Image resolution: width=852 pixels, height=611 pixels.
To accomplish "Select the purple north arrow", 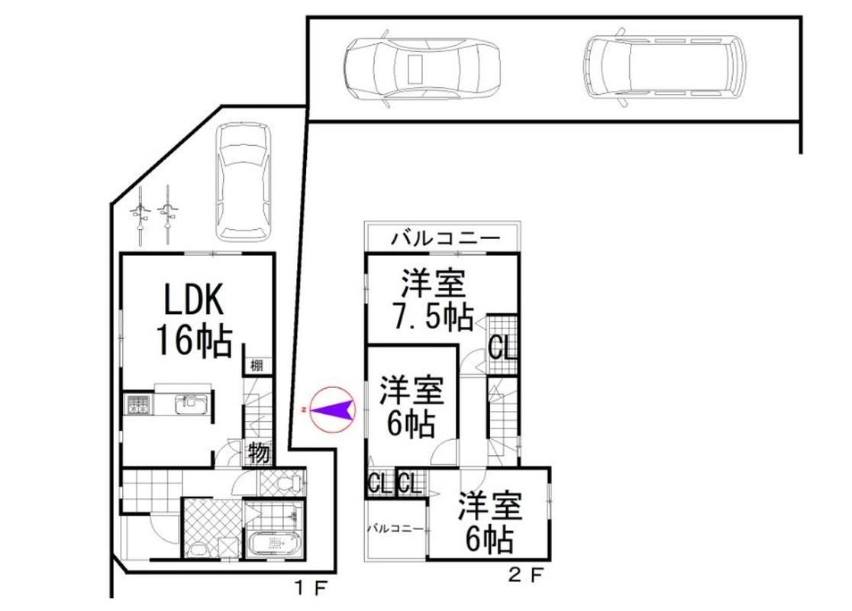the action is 333,409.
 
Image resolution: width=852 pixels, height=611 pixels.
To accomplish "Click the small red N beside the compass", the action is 302,409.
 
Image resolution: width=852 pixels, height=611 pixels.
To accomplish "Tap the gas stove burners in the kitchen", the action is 138,405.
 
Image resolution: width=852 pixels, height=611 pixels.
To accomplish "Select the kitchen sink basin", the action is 190,405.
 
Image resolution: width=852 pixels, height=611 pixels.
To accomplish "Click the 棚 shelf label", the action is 257,365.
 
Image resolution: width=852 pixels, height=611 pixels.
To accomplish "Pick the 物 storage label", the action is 259,453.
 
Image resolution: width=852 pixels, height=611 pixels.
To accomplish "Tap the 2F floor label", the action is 525,575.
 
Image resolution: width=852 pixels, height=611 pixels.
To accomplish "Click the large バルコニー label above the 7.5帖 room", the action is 446,238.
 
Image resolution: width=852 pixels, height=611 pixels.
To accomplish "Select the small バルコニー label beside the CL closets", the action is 396,528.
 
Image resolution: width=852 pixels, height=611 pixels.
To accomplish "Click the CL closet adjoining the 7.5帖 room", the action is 502,346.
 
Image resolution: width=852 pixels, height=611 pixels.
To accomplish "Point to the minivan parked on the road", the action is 663,66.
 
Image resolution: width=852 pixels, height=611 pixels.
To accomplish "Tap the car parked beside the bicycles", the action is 243,182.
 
